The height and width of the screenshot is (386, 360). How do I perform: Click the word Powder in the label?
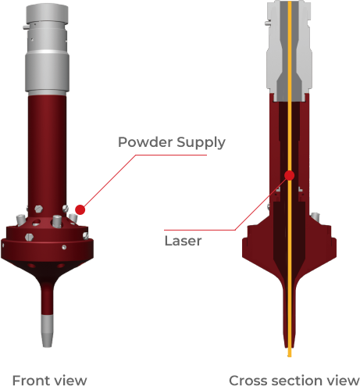pyautogui.click(x=145, y=142)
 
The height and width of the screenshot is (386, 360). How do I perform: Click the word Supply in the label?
pyautogui.click(x=201, y=143)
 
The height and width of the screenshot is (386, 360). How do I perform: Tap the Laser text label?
pyautogui.click(x=183, y=241)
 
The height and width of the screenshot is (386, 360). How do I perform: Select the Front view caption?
pyautogui.click(x=50, y=380)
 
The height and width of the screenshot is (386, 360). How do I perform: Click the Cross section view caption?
pyautogui.click(x=294, y=380)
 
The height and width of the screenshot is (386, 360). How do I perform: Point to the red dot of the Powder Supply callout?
pyautogui.click(x=80, y=209)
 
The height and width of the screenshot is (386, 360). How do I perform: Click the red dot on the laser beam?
pyautogui.click(x=290, y=176)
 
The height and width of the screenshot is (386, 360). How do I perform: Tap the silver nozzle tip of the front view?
pyautogui.click(x=47, y=331)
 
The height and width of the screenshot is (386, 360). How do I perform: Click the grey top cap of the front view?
pyautogui.click(x=47, y=14)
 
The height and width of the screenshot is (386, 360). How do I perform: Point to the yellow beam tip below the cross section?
pyautogui.click(x=290, y=352)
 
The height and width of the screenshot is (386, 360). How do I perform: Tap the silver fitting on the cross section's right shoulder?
pyautogui.click(x=315, y=216)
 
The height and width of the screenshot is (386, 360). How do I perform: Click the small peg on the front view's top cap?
pyautogui.click(x=25, y=27)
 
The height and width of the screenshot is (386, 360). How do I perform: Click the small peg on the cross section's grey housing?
pyautogui.click(x=267, y=23)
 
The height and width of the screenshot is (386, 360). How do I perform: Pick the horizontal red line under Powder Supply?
pyautogui.click(x=171, y=155)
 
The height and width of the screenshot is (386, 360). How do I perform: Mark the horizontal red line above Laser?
pyautogui.click(x=200, y=230)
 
